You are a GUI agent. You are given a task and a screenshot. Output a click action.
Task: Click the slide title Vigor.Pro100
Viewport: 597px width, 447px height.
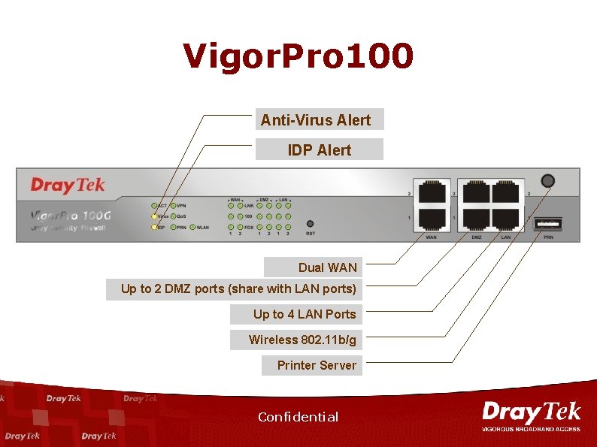tap(298, 56)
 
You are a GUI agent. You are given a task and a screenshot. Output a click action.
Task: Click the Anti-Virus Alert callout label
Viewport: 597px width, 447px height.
tap(316, 119)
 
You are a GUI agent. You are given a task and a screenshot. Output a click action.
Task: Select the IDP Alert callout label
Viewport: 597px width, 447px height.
tap(319, 150)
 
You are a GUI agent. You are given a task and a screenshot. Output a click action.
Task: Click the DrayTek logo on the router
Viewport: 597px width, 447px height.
tap(68, 185)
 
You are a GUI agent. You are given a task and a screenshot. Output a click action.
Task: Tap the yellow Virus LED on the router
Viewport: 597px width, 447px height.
tap(154, 216)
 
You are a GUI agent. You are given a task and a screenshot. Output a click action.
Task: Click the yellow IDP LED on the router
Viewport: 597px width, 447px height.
tap(154, 227)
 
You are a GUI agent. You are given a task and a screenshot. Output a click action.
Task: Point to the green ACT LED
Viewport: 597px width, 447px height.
tap(154, 204)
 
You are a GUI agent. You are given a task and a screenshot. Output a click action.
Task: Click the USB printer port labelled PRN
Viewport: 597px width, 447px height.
tap(549, 223)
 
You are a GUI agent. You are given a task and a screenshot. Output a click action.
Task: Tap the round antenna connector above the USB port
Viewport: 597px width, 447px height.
tap(548, 181)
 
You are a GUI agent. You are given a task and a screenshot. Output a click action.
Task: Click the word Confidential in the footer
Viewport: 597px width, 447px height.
tap(298, 417)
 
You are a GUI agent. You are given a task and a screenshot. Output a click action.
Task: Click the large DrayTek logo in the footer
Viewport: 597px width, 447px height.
tap(531, 413)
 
